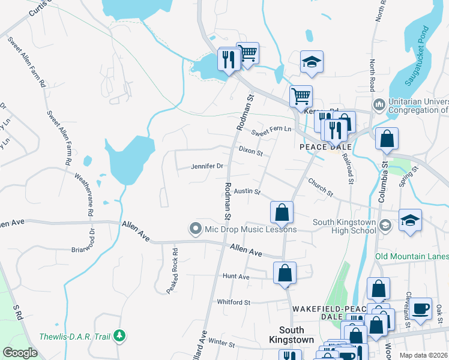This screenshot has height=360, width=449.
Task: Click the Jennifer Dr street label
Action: pyautogui.click(x=207, y=166)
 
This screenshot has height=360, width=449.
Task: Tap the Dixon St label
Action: pyautogui.click(x=251, y=151)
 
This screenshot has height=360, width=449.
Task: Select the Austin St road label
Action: pyautogui.click(x=247, y=192)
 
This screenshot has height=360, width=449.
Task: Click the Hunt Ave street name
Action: pyautogui.click(x=235, y=277)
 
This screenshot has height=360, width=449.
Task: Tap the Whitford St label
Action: pyautogui.click(x=233, y=302)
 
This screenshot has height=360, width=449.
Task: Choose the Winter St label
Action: pyautogui.click(x=221, y=343)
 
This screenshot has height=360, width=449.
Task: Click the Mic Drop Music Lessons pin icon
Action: pyautogui.click(x=194, y=229)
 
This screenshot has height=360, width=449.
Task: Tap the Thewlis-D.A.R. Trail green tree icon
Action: pyautogui.click(x=120, y=335)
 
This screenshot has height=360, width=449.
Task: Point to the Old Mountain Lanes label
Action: pyautogui.click(x=412, y=257)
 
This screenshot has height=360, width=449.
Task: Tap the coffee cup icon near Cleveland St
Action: pyautogui.click(x=420, y=308)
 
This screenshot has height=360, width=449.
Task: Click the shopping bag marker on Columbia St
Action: pyautogui.click(x=387, y=139)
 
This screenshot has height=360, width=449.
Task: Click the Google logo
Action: pyautogui.click(x=20, y=353)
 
